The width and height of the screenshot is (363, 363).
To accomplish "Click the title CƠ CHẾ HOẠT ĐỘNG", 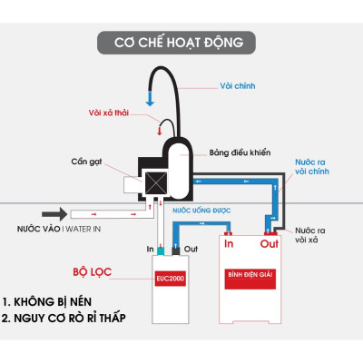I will click(x=179, y=43).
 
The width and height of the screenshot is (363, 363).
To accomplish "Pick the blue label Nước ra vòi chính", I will click(x=313, y=170).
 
